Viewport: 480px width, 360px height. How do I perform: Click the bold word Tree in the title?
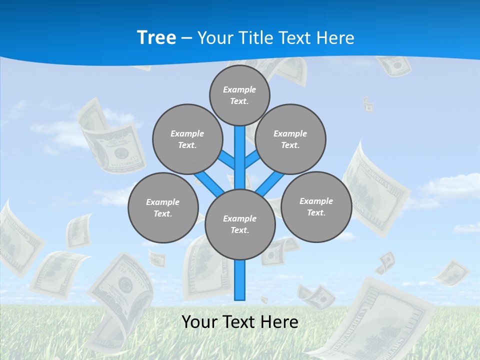tap(156, 38)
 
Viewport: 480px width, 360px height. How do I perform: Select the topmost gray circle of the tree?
tap(239, 95)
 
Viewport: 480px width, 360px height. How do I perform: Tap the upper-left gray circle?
tap(187, 139)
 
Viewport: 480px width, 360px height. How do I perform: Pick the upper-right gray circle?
tap(290, 139)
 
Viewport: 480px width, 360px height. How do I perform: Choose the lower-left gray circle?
tap(163, 207)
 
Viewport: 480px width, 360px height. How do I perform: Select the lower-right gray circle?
tap(316, 206)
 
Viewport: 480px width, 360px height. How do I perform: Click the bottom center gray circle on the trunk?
tap(240, 224)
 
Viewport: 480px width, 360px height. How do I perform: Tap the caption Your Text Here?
tap(240, 322)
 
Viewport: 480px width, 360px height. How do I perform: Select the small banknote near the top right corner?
tap(392, 65)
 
